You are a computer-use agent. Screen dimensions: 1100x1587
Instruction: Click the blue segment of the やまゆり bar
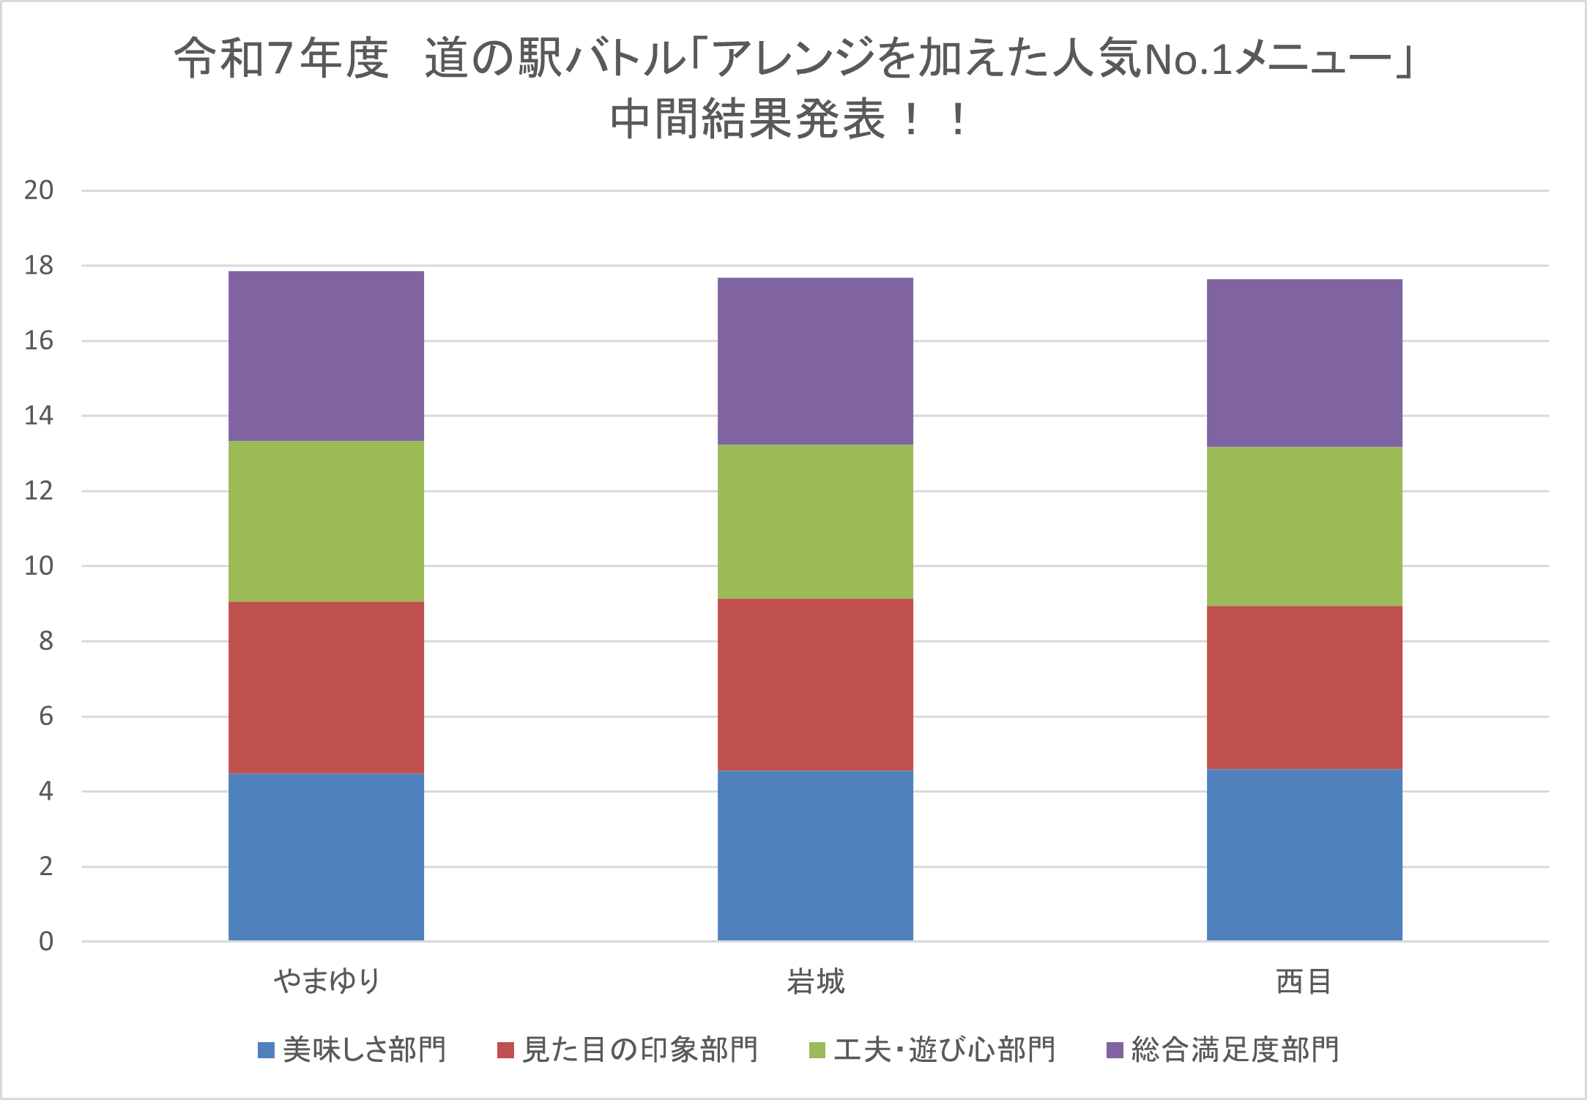(326, 857)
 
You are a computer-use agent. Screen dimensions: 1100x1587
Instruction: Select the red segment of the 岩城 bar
(815, 684)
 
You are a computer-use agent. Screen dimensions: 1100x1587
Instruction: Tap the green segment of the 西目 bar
(1304, 526)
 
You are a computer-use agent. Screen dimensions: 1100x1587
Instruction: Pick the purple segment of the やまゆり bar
(326, 356)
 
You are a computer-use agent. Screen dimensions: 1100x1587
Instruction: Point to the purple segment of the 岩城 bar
(815, 361)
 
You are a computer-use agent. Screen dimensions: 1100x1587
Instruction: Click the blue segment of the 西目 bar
(1304, 855)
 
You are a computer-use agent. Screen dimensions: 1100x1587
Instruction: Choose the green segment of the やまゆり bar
(326, 521)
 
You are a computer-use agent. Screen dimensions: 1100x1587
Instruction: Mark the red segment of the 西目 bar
(1304, 687)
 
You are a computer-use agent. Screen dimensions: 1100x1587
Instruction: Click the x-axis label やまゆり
(327, 981)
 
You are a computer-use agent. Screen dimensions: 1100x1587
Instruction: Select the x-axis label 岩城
(815, 981)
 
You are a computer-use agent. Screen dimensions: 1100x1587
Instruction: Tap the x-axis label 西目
(1304, 981)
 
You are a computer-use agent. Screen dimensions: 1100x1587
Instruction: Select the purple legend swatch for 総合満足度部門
(1114, 1050)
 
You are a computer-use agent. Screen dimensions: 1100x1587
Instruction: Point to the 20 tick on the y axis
(39, 190)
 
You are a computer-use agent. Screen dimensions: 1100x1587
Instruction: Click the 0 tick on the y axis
(45, 941)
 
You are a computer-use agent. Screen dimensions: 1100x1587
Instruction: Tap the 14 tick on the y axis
(39, 416)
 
